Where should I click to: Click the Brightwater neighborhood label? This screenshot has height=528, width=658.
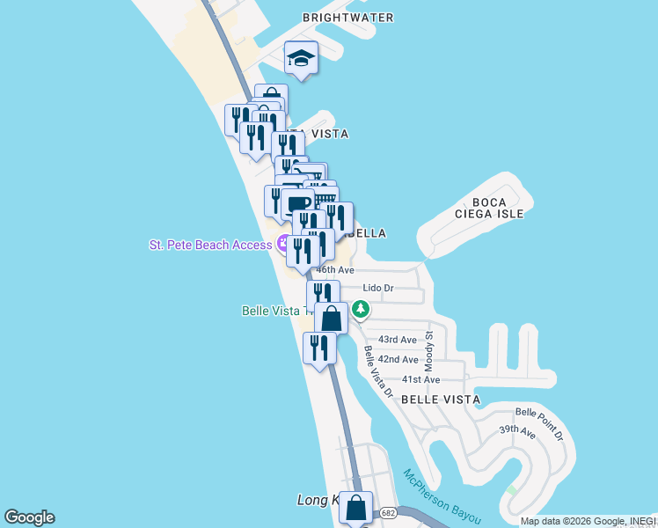347,18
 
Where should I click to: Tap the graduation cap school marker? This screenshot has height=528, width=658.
301,60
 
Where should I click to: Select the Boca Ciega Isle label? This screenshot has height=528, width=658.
490,207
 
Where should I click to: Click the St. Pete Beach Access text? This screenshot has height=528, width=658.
210,245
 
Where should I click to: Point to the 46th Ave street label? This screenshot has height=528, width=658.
335,270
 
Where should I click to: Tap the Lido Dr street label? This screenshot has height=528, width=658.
378,288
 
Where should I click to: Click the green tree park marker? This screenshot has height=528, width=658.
361,309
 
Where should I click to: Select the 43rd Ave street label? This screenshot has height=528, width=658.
397,340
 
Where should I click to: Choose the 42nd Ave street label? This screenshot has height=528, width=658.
398,360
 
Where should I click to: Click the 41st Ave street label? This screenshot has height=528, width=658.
420,380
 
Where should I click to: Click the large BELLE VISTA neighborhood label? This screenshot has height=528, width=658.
441,400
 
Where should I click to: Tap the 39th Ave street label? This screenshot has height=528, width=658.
517,432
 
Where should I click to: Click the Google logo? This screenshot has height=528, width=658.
29,517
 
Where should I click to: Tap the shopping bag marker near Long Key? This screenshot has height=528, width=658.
355,508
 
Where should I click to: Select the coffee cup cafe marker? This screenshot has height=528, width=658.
297,203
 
